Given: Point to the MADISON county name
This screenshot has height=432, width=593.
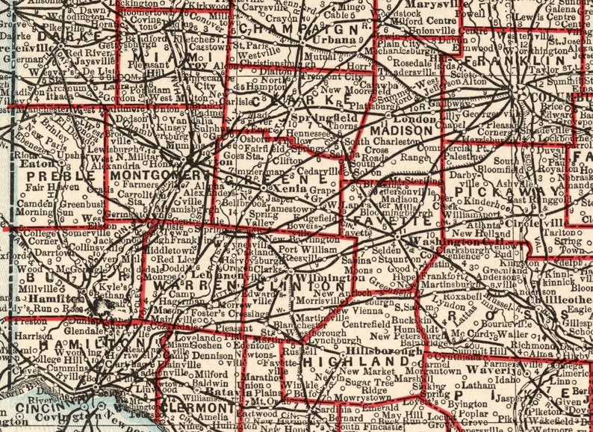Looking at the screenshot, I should click(x=411, y=130).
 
